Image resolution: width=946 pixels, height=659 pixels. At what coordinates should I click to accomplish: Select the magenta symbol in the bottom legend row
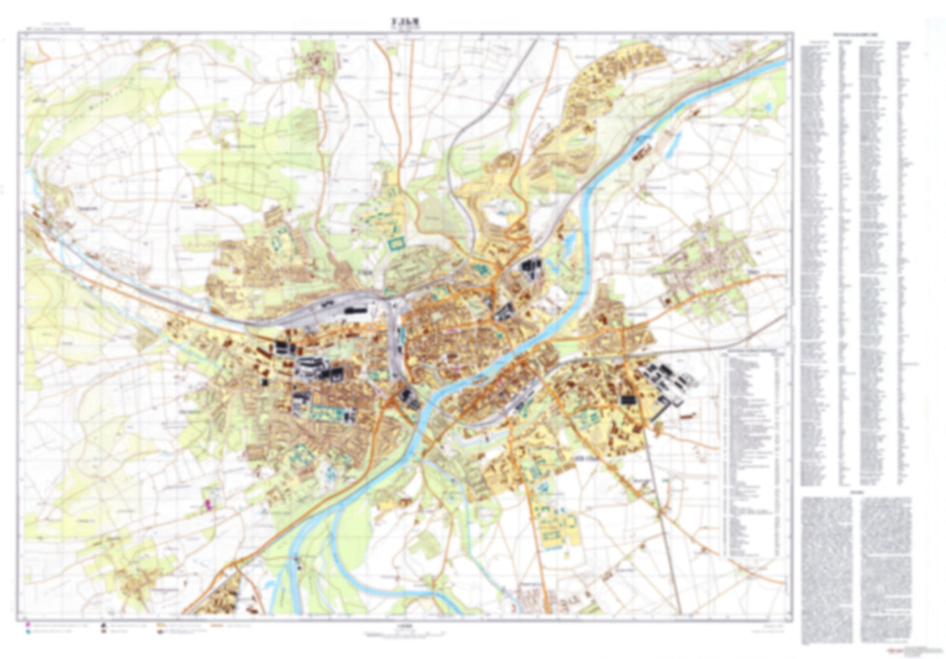click(27, 626)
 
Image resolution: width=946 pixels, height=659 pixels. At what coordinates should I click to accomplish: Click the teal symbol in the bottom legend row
click(27, 633)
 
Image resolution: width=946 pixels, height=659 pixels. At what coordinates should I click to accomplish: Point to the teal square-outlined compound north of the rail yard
click(396, 244)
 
